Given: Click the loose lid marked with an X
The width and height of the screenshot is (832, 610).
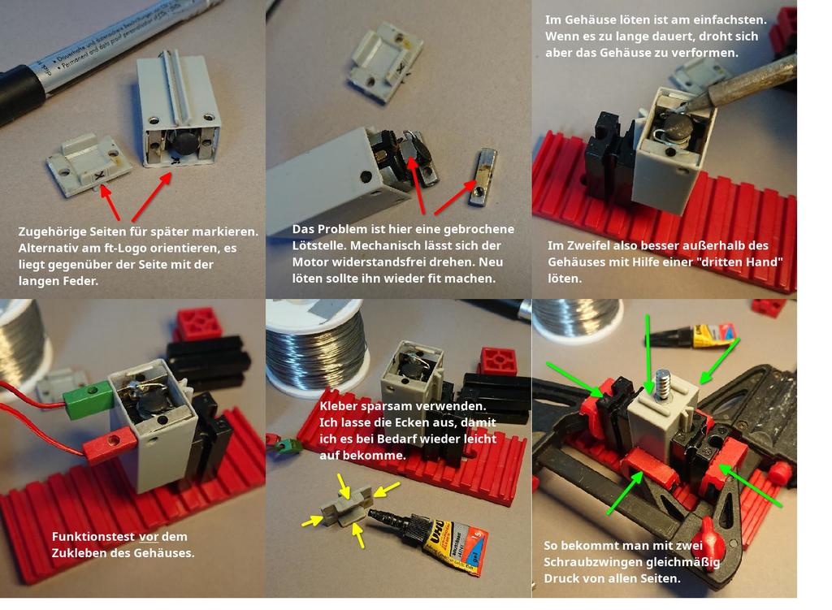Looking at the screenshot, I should pyautogui.click(x=85, y=164).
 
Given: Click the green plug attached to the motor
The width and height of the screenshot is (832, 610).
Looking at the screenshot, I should pyautogui.click(x=88, y=398).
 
